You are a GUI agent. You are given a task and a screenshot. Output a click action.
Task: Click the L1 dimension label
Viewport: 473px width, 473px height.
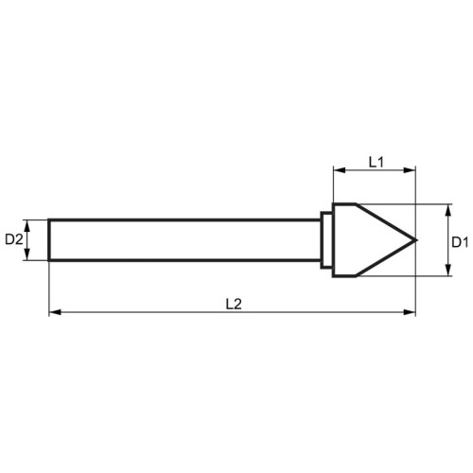tap(377, 162)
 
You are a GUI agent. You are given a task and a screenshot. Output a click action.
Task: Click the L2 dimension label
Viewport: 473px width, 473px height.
tap(234, 304)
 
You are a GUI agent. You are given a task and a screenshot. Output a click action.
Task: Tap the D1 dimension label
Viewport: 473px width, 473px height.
tap(460, 242)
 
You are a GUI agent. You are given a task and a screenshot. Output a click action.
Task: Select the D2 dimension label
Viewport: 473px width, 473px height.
tap(14, 240)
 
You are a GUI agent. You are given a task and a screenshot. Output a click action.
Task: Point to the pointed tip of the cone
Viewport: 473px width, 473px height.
tap(416, 240)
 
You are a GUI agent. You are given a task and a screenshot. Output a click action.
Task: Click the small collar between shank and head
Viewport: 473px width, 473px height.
tap(326, 240)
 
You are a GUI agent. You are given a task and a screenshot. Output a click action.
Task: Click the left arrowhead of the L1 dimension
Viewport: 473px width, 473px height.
tap(340, 170)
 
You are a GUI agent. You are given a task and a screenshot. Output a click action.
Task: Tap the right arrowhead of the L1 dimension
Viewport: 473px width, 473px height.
tap(410, 170)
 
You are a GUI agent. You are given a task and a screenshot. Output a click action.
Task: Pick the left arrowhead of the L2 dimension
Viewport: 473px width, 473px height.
tap(55, 312)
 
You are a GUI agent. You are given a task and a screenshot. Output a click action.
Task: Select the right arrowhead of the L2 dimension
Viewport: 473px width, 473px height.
tap(410, 312)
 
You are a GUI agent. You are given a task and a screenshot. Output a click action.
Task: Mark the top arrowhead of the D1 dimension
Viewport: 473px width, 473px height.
tap(447, 210)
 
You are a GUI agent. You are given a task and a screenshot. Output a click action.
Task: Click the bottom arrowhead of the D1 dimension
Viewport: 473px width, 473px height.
tap(447, 270)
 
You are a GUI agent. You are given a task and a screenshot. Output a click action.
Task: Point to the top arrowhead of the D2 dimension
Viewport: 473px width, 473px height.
tap(27, 225)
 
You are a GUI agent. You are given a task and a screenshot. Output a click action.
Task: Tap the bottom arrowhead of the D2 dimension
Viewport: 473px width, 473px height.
tap(27, 254)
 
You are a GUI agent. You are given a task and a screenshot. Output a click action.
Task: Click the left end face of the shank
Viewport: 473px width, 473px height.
tap(49, 240)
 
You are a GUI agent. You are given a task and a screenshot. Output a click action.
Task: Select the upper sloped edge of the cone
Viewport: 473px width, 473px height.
tap(386, 222)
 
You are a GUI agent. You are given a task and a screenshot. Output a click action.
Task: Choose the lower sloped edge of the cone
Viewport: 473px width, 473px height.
tap(386, 258)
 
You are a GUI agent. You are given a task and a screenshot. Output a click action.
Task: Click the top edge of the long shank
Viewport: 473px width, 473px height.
tap(184, 219)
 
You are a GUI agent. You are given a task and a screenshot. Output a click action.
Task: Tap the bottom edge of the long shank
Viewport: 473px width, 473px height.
tap(184, 260)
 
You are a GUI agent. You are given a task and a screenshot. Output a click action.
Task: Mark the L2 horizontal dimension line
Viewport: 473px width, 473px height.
tap(233, 312)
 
